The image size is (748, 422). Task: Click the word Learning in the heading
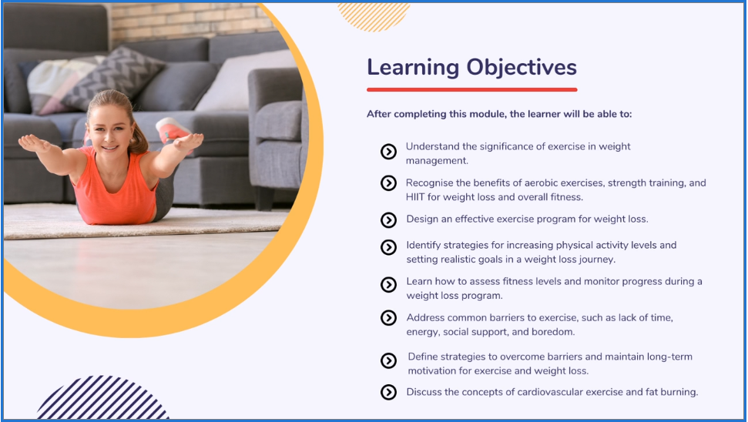(413, 68)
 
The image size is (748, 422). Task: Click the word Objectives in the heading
(522, 68)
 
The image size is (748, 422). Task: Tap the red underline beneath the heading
(471, 89)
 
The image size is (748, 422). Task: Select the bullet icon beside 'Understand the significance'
(388, 152)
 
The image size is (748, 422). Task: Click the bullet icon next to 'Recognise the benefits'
(388, 183)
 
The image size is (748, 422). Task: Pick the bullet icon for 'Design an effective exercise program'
(388, 219)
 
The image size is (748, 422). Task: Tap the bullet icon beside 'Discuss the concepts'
(388, 392)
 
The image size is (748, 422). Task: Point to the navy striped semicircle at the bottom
(102, 399)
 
